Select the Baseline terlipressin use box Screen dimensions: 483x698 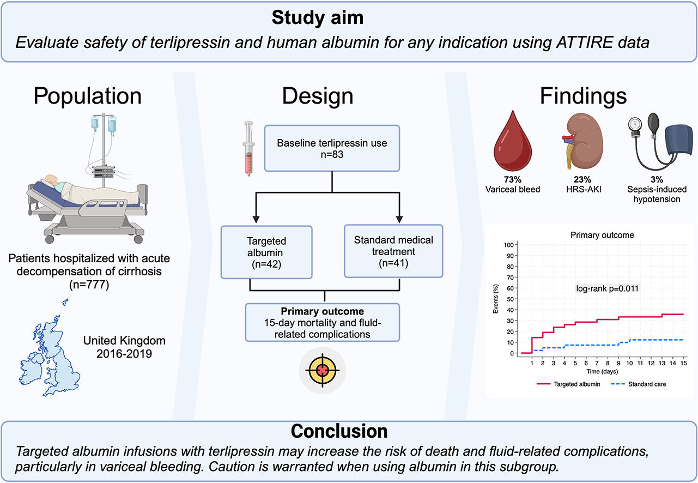click(332, 148)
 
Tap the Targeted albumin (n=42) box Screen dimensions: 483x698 click(266, 252)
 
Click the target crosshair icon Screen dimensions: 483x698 click(322, 370)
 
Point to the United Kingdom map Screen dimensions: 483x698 click(52, 349)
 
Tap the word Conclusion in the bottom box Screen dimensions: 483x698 click(339, 431)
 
